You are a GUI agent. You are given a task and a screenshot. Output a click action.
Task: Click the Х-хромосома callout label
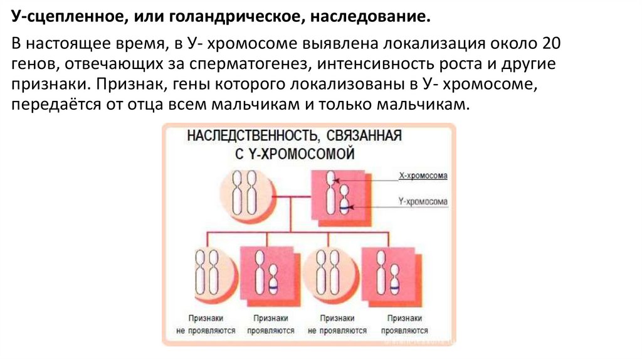click(423, 176)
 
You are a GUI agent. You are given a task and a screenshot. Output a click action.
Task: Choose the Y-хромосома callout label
click(423, 202)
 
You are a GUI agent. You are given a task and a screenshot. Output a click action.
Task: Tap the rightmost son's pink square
click(389, 276)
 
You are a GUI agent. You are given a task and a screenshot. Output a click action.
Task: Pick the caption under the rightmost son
click(404, 324)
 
